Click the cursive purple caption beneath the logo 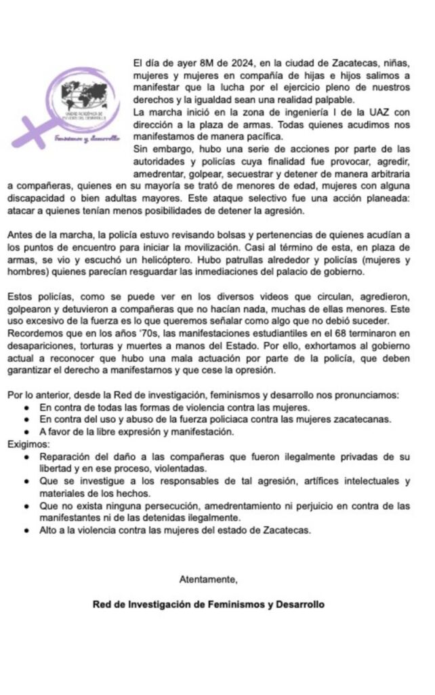click(x=85, y=138)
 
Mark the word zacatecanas click(x=344, y=419)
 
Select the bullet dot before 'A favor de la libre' click(x=26, y=431)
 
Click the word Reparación click(x=66, y=456)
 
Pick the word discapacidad click(x=35, y=195)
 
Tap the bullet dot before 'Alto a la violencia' click(x=26, y=531)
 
